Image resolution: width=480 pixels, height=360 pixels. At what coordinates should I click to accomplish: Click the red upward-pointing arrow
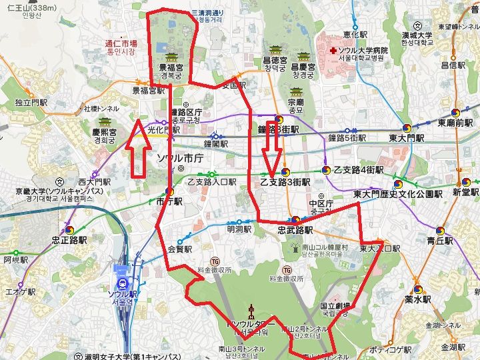click(x=138, y=148)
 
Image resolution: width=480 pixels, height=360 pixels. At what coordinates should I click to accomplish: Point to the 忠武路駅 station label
click(x=295, y=229)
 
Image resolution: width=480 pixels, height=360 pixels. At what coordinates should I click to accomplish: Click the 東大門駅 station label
click(x=406, y=138)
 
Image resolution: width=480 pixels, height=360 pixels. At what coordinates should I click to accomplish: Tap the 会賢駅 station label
click(x=180, y=249)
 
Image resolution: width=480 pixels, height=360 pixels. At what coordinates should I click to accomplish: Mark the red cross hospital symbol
click(x=330, y=50)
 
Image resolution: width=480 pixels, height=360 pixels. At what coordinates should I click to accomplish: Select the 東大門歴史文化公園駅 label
click(x=397, y=194)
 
